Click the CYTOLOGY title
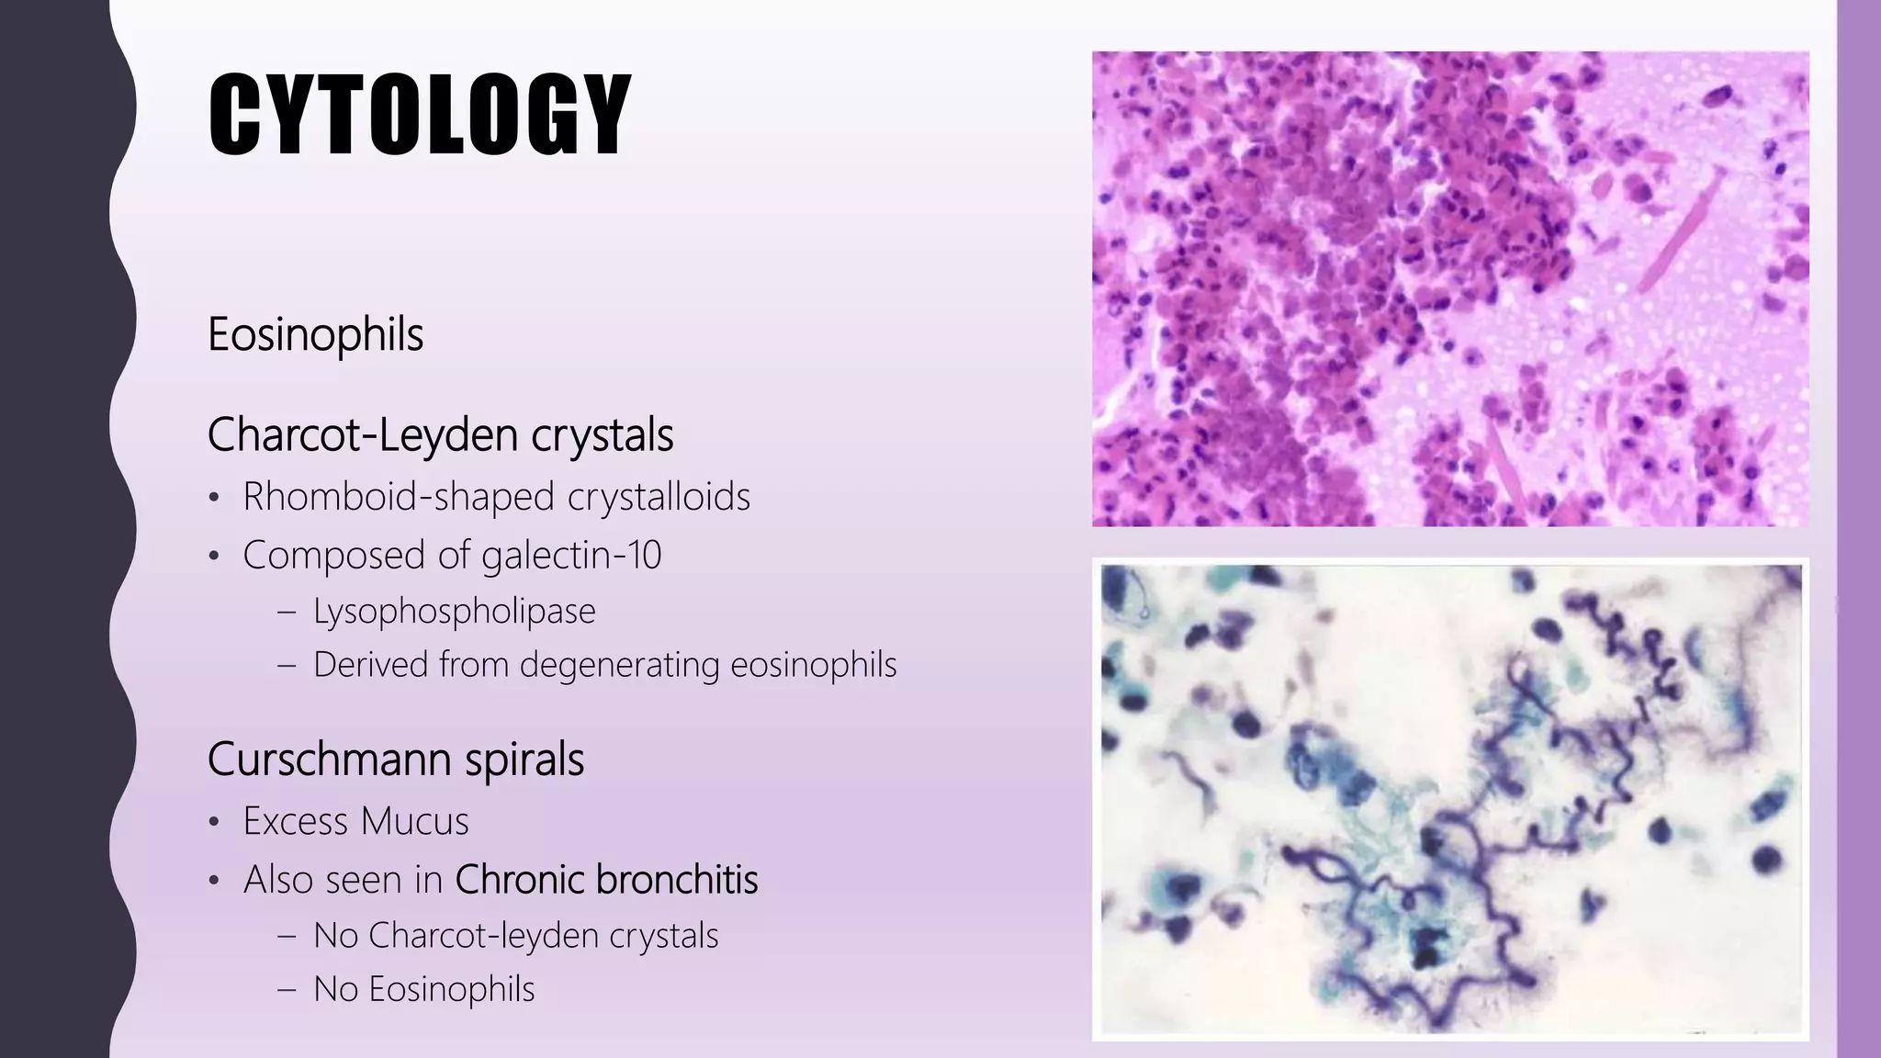(420, 117)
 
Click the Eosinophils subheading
(315, 334)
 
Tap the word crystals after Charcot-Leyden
(602, 435)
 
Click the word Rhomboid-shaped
(397, 498)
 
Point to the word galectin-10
(570, 556)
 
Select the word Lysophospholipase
(454, 612)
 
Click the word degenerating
(619, 665)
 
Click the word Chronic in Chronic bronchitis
(520, 880)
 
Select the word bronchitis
(677, 880)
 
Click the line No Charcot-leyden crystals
(515, 936)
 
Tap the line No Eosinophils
(423, 990)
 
